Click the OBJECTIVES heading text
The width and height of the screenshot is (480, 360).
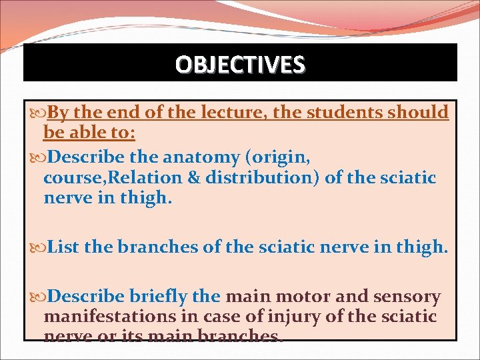(240, 64)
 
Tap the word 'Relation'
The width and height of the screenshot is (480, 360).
(166, 178)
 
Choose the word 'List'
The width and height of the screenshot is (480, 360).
(64, 247)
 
